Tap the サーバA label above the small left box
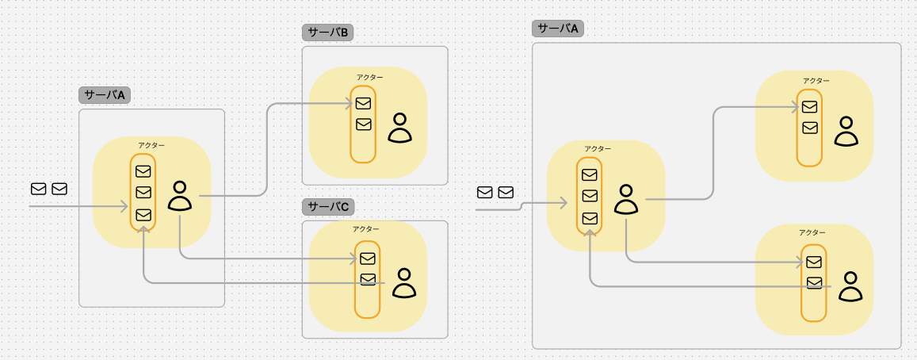pyautogui.click(x=105, y=95)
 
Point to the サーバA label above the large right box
pyautogui.click(x=558, y=29)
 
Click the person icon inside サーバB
pyautogui.click(x=400, y=128)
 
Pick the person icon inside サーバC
pyautogui.click(x=403, y=283)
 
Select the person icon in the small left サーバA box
pyautogui.click(x=180, y=196)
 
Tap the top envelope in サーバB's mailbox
pyautogui.click(x=364, y=104)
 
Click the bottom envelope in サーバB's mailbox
pyautogui.click(x=364, y=124)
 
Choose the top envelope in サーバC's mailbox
pyautogui.click(x=367, y=259)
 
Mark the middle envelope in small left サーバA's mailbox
pyautogui.click(x=143, y=192)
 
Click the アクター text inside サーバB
pyautogui.click(x=370, y=77)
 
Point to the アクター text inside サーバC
pyautogui.click(x=365, y=229)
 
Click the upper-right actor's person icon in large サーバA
pyautogui.click(x=846, y=131)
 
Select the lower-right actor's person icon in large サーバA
pyautogui.click(x=850, y=287)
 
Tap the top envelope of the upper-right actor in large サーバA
pyautogui.click(x=810, y=106)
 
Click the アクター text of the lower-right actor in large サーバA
pyautogui.click(x=812, y=232)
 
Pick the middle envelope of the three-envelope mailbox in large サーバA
pyautogui.click(x=590, y=196)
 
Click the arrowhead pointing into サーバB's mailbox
pyautogui.click(x=351, y=104)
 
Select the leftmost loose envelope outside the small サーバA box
pyautogui.click(x=39, y=189)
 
